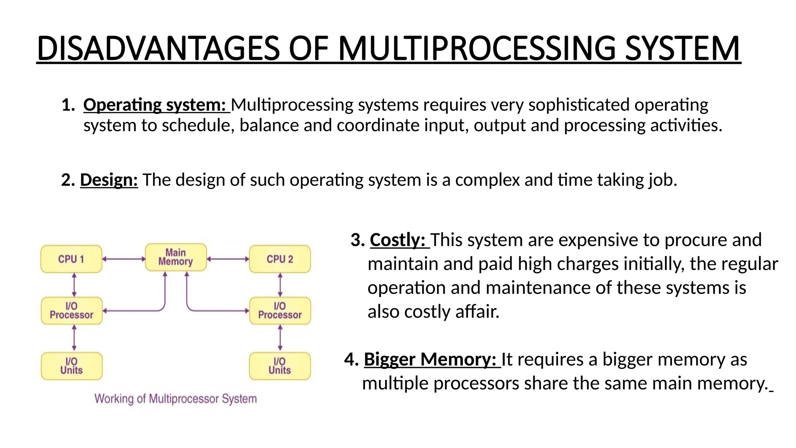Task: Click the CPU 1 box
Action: (x=72, y=259)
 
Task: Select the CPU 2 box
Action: (x=280, y=259)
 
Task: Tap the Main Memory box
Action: (x=176, y=257)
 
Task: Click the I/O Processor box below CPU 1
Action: (x=72, y=311)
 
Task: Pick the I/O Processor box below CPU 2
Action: (x=280, y=311)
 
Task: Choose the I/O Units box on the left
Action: (x=72, y=366)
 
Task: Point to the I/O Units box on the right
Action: (x=280, y=366)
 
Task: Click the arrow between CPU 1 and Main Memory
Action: (x=124, y=259)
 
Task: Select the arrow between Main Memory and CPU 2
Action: (x=228, y=259)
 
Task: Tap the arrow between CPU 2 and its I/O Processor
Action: (x=280, y=285)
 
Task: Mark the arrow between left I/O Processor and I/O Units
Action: (x=74, y=338)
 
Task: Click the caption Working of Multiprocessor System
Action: (x=176, y=399)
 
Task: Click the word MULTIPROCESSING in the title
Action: (x=477, y=49)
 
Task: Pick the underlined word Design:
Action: (x=109, y=180)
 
